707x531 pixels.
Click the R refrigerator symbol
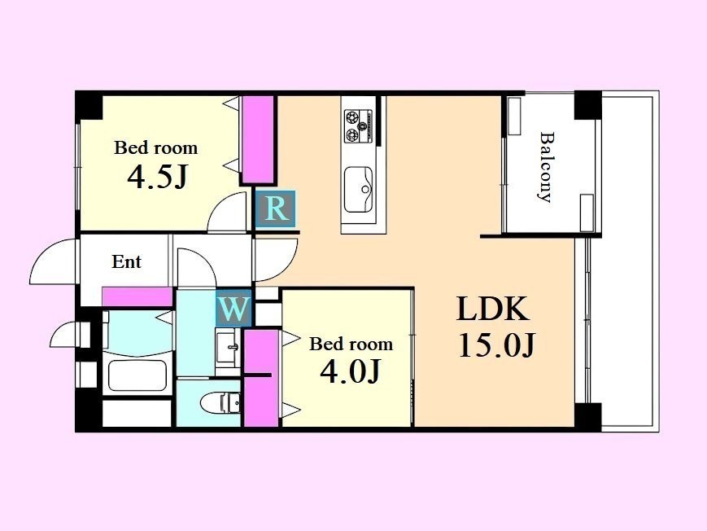[276, 208]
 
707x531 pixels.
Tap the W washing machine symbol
[233, 309]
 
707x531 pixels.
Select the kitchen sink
[359, 189]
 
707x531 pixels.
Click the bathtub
[137, 375]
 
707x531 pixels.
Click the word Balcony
[546, 167]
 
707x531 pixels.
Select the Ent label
[126, 261]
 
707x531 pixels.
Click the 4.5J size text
[156, 177]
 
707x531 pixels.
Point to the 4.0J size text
[350, 371]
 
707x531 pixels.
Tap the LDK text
[493, 309]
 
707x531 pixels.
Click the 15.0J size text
[496, 345]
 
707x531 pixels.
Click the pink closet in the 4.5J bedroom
[257, 139]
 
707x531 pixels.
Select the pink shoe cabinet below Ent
[137, 297]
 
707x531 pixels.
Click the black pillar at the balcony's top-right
[587, 105]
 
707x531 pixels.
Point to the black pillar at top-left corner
[89, 105]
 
